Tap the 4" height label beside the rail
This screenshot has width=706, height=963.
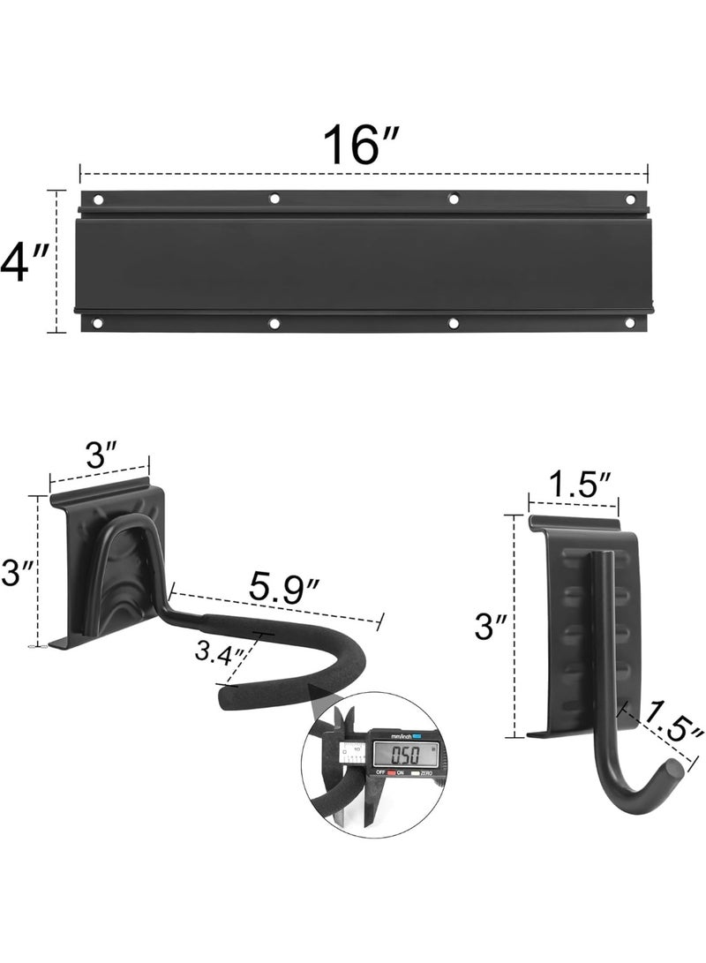click(x=24, y=262)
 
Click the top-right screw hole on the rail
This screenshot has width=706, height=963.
click(x=633, y=199)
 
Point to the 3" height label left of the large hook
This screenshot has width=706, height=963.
click(x=19, y=572)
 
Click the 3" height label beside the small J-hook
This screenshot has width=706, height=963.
click(x=486, y=628)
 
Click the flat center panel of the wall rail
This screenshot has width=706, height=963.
click(x=364, y=262)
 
